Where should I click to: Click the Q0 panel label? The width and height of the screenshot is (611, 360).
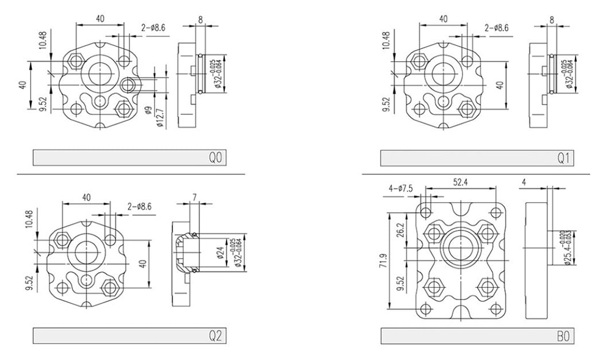[x=214, y=158]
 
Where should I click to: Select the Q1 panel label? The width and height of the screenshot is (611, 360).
[x=563, y=158]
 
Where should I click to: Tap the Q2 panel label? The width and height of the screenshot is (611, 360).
[x=214, y=336]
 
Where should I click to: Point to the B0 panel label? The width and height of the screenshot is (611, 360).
[x=563, y=336]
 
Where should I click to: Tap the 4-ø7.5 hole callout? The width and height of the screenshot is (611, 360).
[x=401, y=189]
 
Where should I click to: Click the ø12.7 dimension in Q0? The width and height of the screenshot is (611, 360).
[x=160, y=117]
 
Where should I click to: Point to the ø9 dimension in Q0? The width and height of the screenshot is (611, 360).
[x=148, y=112]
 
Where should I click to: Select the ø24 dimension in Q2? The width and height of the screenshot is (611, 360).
[x=218, y=251]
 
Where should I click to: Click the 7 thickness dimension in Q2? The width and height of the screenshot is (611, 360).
[x=194, y=196]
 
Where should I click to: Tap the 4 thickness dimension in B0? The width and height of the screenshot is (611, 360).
[x=525, y=182]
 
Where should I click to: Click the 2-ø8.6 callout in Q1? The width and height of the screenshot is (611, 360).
[x=497, y=28]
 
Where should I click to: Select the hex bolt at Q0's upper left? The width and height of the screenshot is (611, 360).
[x=76, y=60]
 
